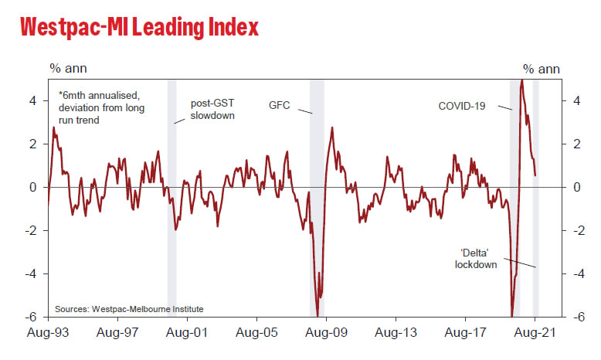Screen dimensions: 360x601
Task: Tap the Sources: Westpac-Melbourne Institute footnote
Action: pos(129,309)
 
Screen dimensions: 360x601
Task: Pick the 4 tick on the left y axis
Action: pos(34,100)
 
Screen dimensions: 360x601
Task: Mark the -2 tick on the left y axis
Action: pos(32,230)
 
